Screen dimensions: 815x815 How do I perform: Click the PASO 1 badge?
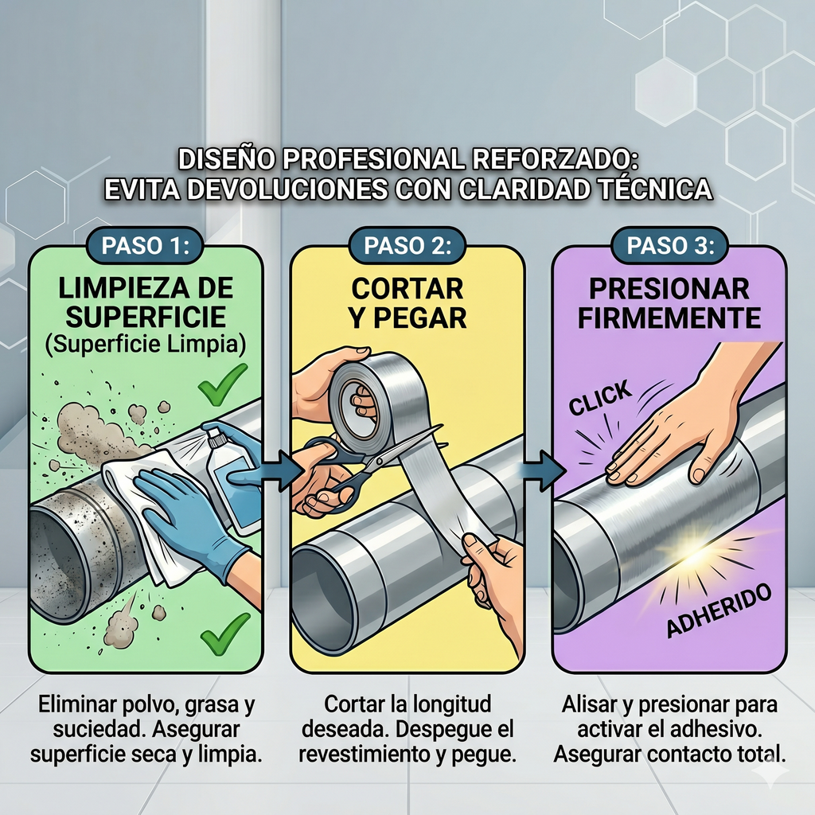pyautogui.click(x=145, y=245)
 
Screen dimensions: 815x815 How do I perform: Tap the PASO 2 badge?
pyautogui.click(x=407, y=245)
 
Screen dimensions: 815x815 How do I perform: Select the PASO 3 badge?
pyautogui.click(x=670, y=245)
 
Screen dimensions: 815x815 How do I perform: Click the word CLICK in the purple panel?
pyautogui.click(x=600, y=398)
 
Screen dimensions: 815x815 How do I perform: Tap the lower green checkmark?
pyautogui.click(x=225, y=634)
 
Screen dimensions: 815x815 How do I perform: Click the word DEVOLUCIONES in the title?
pyautogui.click(x=287, y=189)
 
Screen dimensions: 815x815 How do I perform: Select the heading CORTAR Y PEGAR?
pyautogui.click(x=408, y=303)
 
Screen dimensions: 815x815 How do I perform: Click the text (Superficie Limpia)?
pyautogui.click(x=146, y=345)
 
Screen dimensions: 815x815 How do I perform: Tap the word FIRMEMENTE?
pyautogui.click(x=669, y=318)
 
